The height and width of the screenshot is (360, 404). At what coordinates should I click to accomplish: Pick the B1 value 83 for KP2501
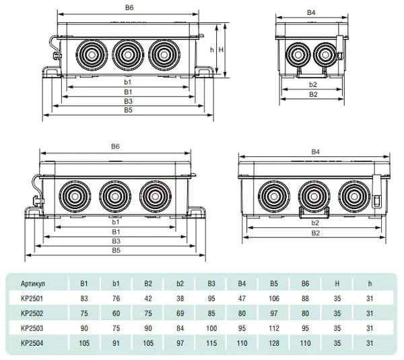[84, 298]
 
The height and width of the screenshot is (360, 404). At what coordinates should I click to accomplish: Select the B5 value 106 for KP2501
[274, 298]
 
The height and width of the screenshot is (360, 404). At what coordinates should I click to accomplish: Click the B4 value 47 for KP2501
[242, 298]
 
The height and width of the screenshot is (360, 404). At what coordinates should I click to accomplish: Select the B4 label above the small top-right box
[311, 12]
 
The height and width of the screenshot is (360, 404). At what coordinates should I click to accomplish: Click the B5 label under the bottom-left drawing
[116, 250]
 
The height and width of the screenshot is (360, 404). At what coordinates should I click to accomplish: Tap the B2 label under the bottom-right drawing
[315, 233]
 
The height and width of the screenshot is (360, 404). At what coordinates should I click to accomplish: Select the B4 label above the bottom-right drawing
[314, 152]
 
